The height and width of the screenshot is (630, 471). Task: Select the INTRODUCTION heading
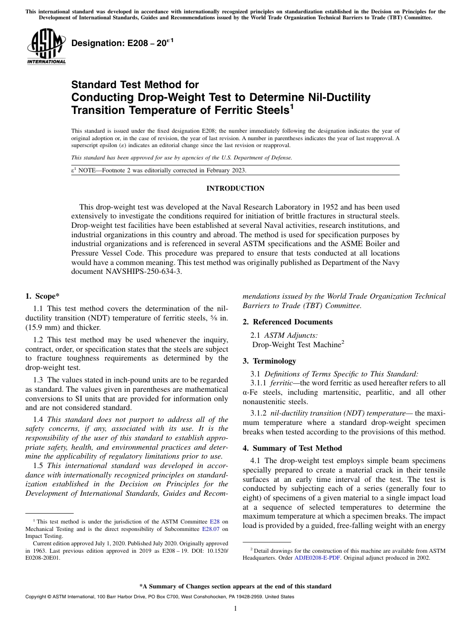coord(235,188)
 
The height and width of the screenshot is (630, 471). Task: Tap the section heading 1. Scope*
coord(42,296)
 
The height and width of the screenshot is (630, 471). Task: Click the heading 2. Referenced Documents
coord(288,322)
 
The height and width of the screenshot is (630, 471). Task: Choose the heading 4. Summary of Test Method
coord(292,448)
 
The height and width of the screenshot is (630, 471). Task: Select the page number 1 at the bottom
coord(235,609)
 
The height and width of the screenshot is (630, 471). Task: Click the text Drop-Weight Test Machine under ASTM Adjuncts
coord(295,344)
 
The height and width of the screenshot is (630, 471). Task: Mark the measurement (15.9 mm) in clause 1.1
coord(45,327)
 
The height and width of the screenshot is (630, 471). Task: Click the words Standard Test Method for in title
coord(135,85)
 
